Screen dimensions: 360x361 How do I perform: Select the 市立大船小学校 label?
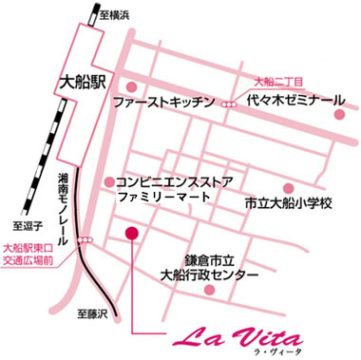286,202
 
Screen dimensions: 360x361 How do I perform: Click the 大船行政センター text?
216,275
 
